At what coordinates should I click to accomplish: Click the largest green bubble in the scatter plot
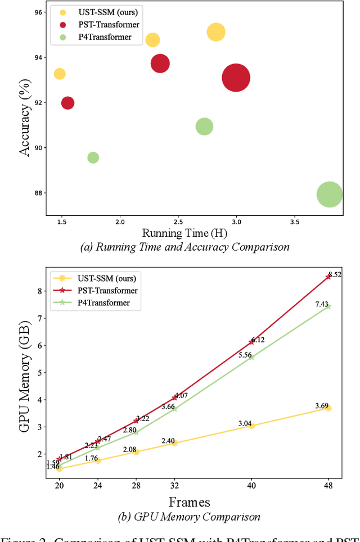tap(330, 195)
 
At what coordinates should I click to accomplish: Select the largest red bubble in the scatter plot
tap(236, 78)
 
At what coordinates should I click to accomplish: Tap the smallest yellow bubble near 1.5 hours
tap(59, 74)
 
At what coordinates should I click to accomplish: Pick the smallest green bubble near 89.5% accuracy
tap(93, 157)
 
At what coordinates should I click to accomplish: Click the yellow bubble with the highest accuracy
tap(216, 33)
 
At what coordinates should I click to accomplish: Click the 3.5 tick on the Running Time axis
tap(294, 223)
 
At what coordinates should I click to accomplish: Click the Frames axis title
tap(190, 502)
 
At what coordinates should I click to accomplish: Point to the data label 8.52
tap(334, 275)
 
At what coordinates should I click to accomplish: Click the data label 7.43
tap(322, 304)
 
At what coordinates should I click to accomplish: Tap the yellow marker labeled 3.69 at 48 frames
tap(328, 408)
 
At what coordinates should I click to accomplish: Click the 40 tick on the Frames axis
tap(251, 485)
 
